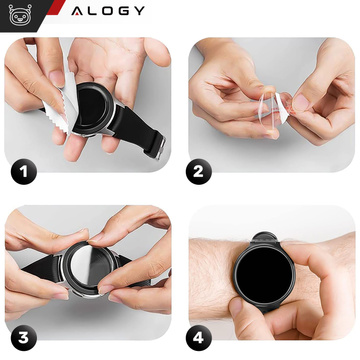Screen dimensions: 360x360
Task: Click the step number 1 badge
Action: [x=22, y=171]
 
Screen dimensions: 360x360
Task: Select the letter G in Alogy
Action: [x=123, y=12]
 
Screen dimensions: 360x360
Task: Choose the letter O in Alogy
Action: [x=107, y=12]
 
